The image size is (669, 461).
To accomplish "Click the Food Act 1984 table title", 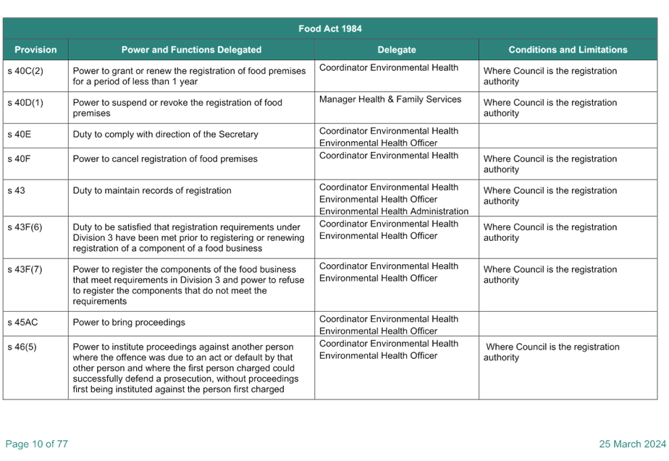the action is (x=330, y=28).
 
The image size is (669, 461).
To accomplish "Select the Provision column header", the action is (x=35, y=49).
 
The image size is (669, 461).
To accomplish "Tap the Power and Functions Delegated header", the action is (x=191, y=49).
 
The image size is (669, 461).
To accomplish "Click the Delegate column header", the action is (x=396, y=49).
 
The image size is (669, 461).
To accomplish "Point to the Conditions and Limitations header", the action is (x=568, y=49).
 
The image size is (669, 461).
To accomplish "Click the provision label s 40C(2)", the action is (x=25, y=71).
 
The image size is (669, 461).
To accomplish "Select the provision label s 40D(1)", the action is (x=25, y=102).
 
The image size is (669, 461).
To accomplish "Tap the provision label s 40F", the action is (x=19, y=158).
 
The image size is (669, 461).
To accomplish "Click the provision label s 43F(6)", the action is (x=25, y=227).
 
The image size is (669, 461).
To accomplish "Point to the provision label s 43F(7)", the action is (x=25, y=269).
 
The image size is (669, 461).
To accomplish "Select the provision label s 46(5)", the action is (x=22, y=347).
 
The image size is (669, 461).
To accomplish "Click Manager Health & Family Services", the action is (x=390, y=99).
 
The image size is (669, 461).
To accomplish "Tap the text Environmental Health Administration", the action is (x=393, y=211).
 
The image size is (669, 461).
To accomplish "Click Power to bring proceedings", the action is (x=129, y=322).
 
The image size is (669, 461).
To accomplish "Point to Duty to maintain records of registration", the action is (x=152, y=190).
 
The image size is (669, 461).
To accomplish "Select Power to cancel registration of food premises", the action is (x=165, y=159).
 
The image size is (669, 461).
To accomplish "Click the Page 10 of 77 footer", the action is (x=37, y=444).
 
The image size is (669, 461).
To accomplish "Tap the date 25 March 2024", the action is (x=632, y=444).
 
